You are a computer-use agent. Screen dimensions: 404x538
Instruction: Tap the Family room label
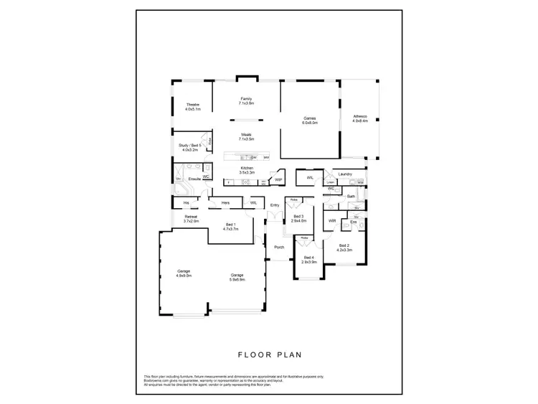(246, 100)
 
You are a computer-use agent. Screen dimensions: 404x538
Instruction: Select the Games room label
(310, 120)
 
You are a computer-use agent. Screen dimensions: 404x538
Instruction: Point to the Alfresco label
(360, 118)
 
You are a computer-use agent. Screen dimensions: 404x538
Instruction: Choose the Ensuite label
(194, 178)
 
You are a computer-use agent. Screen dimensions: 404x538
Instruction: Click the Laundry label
(344, 174)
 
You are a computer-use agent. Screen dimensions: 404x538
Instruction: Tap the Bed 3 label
(299, 218)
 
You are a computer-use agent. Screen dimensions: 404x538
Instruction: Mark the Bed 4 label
(309, 260)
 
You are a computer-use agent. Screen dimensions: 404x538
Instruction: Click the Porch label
(279, 247)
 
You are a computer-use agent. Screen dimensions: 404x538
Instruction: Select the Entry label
(275, 205)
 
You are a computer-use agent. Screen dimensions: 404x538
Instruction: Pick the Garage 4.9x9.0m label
(184, 273)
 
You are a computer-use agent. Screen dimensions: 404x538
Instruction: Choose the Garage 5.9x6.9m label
(237, 276)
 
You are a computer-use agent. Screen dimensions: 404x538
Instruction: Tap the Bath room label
(351, 196)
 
